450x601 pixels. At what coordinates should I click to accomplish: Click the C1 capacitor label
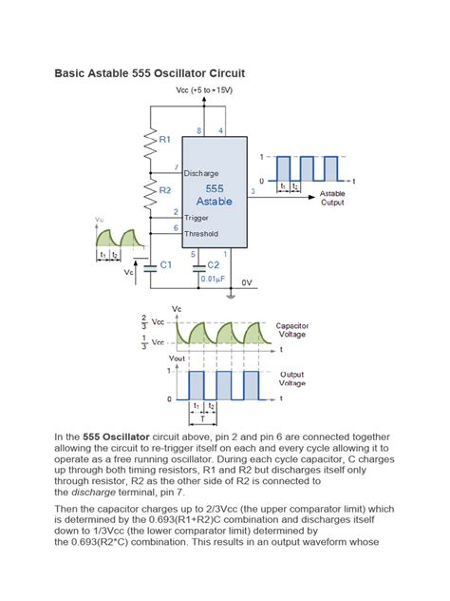click(x=165, y=264)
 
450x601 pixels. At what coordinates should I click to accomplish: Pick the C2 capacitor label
click(x=214, y=264)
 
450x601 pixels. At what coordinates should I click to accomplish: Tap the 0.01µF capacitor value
click(x=215, y=279)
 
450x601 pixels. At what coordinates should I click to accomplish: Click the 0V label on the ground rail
click(x=246, y=282)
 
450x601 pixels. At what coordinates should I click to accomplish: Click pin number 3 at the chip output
click(x=252, y=191)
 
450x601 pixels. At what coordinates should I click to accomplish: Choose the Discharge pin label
click(x=201, y=173)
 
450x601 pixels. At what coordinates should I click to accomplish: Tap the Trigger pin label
click(x=197, y=218)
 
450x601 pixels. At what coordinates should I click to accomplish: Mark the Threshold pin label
click(x=201, y=233)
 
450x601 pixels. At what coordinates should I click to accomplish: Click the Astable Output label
click(x=333, y=198)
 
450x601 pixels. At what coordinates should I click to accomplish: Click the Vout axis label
click(x=176, y=359)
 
